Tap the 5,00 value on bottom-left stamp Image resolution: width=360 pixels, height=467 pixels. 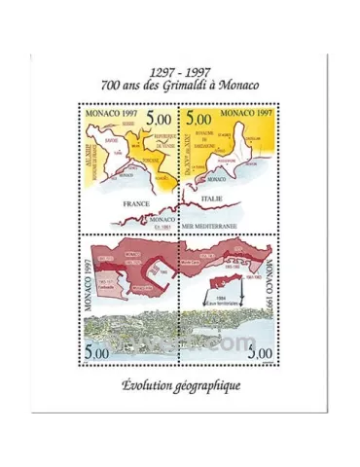96,350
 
